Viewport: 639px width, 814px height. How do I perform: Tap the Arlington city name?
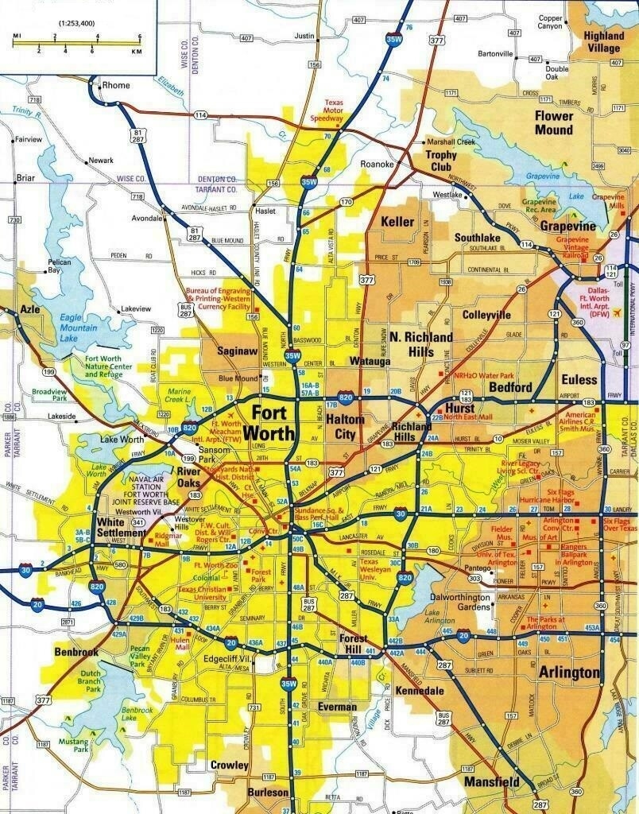click(569, 673)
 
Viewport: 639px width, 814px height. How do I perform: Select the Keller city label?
click(397, 221)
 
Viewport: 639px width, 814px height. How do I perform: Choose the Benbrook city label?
click(76, 652)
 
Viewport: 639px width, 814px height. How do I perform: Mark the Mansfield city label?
click(493, 782)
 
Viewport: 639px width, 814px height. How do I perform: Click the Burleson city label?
click(268, 793)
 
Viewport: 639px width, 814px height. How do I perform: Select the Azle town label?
click(29, 308)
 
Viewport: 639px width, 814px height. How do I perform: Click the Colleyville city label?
click(486, 315)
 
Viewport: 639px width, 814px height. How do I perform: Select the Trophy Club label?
click(441, 161)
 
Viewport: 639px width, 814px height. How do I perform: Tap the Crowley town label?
click(230, 766)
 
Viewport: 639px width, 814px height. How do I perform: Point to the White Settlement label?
click(122, 528)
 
